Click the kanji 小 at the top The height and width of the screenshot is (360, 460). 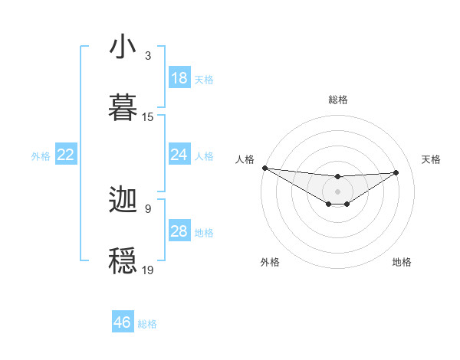tap(123, 47)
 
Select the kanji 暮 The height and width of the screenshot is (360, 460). tap(123, 107)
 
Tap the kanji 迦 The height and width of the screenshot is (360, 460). tap(123, 201)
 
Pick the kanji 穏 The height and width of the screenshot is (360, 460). tap(123, 260)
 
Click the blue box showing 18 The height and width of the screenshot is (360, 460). tap(179, 78)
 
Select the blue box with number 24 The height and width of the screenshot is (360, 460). tap(179, 155)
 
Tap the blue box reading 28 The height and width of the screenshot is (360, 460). tap(179, 231)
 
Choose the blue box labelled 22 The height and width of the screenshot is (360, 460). tap(66, 155)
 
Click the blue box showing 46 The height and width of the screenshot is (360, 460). tap(123, 322)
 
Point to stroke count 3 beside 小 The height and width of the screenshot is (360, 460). tap(148, 56)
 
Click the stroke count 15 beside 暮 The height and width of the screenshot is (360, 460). tap(148, 117)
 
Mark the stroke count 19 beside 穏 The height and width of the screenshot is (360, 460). tap(148, 270)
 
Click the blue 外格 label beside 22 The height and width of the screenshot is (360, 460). tap(41, 155)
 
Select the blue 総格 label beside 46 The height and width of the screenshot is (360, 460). tap(147, 324)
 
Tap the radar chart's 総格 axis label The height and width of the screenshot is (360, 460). tap(337, 100)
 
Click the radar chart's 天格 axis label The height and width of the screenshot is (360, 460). tap(432, 159)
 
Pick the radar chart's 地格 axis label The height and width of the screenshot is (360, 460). tap(402, 262)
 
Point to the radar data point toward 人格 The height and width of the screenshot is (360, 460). tap(264, 168)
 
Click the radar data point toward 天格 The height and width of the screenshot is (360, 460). tap(396, 172)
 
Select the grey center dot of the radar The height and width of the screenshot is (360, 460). tap(337, 191)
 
